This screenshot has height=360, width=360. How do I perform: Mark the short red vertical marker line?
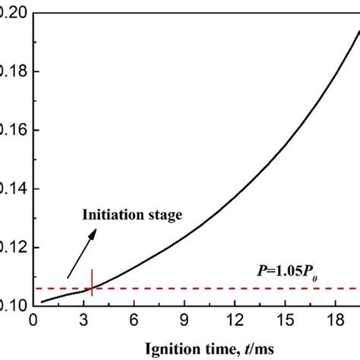pos(92,281)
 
